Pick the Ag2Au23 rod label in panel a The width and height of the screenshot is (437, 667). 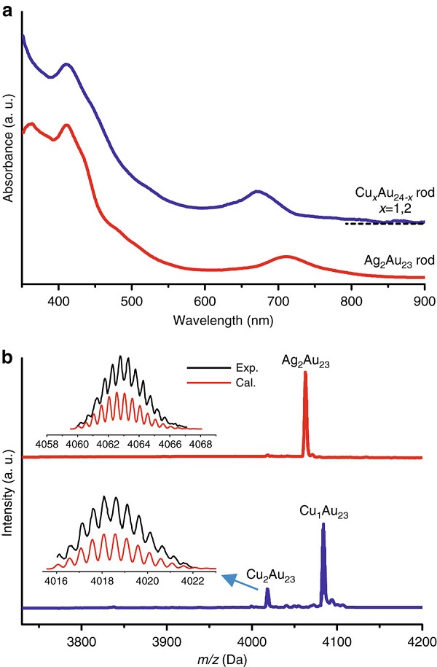[385, 260]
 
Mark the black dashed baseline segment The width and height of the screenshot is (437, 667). [385, 224]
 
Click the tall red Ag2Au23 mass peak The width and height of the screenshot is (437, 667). [305, 373]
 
